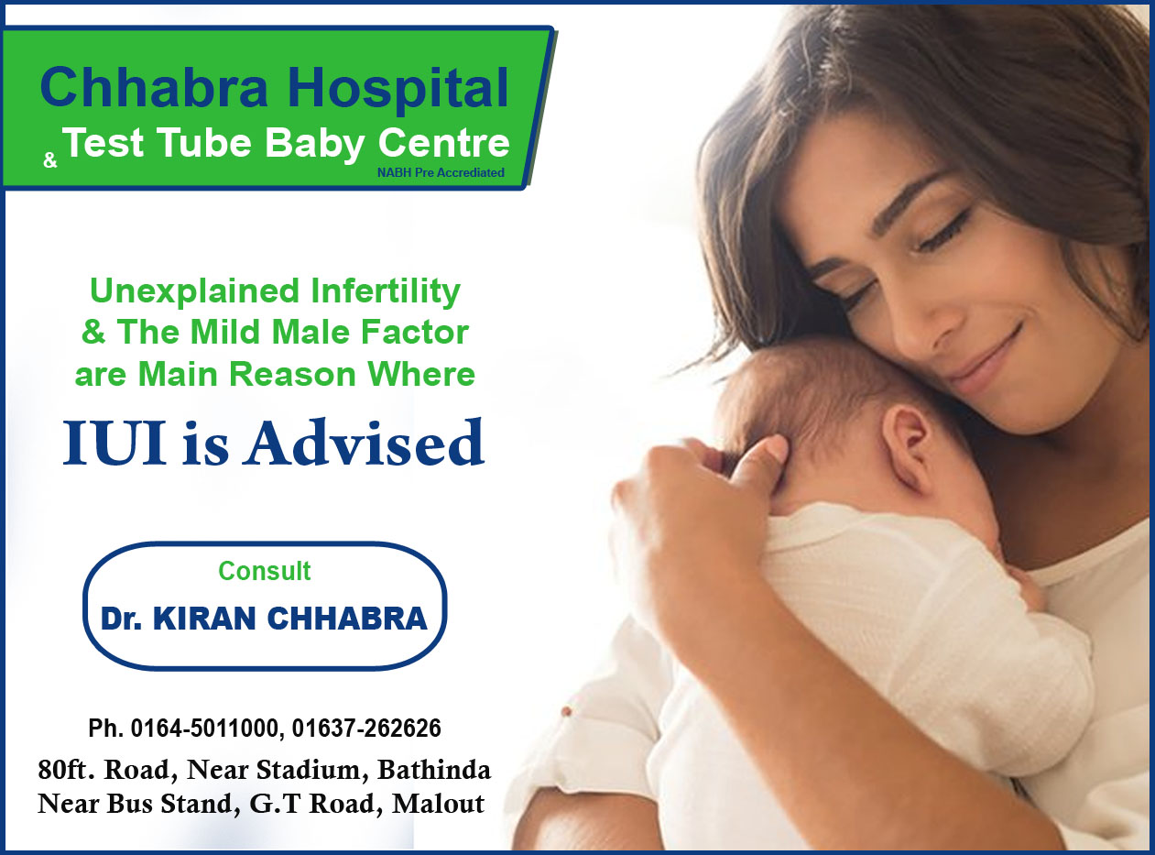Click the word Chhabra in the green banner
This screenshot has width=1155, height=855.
(154, 87)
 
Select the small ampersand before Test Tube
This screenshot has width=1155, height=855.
(50, 160)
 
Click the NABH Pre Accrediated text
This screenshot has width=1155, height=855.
(441, 172)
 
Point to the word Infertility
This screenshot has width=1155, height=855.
(386, 290)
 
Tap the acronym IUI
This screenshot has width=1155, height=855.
(114, 444)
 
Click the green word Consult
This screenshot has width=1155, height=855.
(265, 571)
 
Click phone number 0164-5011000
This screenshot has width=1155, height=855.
(205, 728)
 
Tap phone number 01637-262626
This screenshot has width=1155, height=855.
(366, 728)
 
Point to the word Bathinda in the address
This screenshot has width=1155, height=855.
(434, 770)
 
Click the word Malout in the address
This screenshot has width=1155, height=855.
(438, 804)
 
